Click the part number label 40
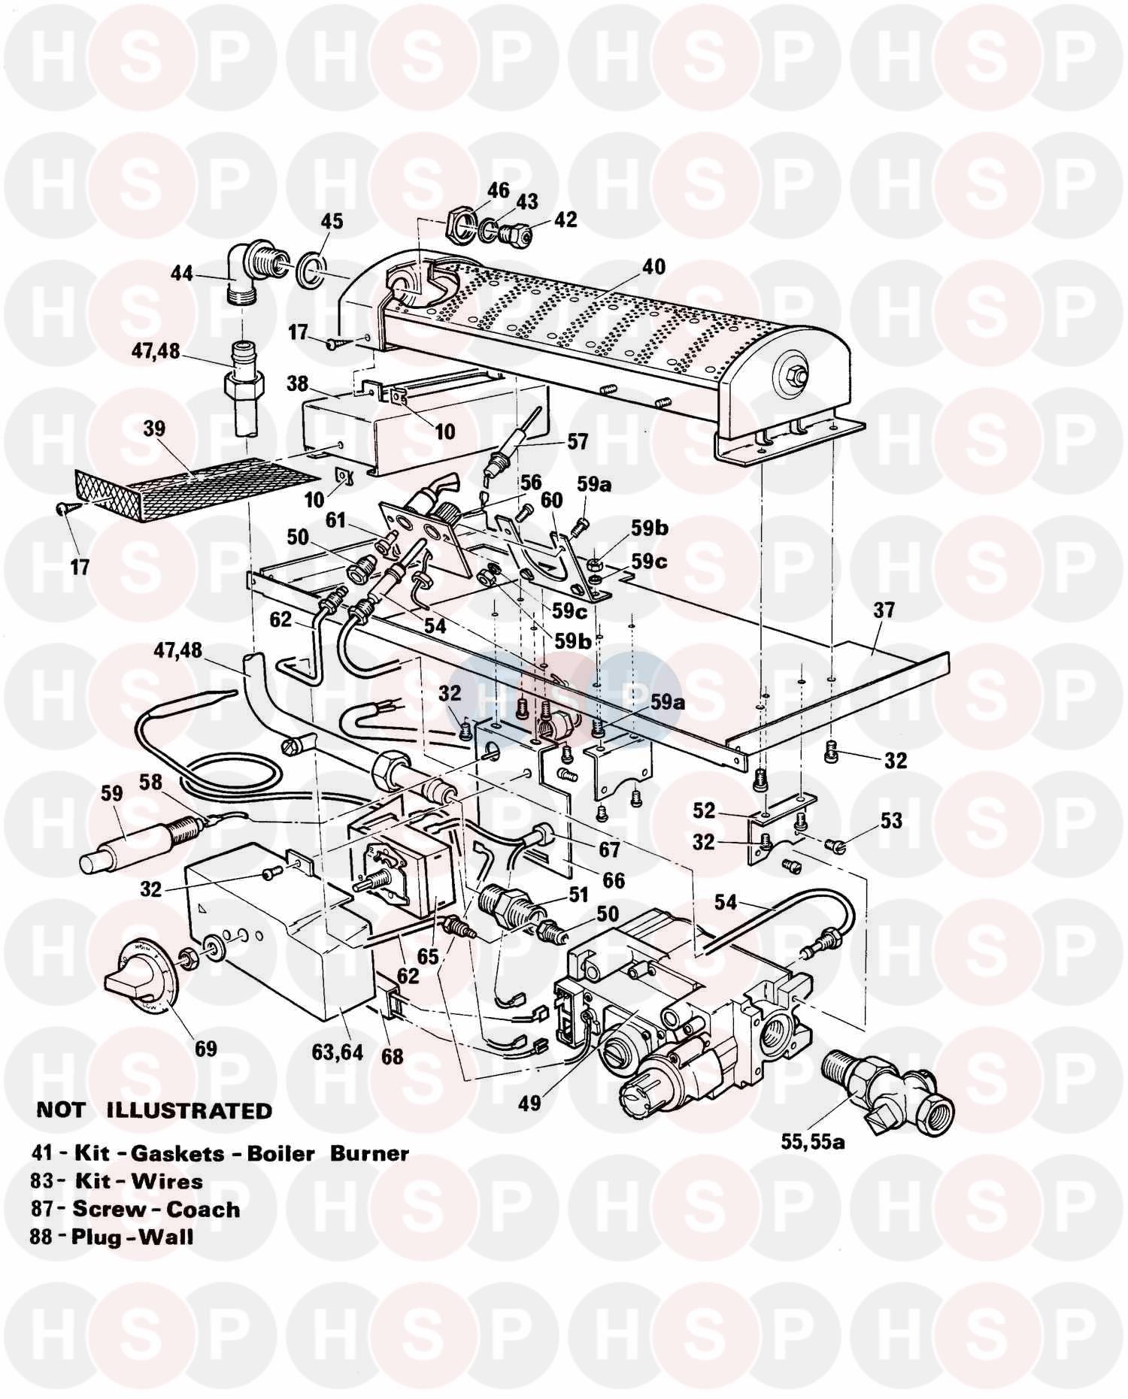pyautogui.click(x=653, y=267)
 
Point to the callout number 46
pyautogui.click(x=498, y=190)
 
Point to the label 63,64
pyautogui.click(x=338, y=1052)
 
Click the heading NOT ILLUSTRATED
pyautogui.click(x=154, y=1110)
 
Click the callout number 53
pyautogui.click(x=891, y=820)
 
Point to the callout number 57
pyautogui.click(x=578, y=441)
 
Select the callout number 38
pyautogui.click(x=298, y=383)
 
